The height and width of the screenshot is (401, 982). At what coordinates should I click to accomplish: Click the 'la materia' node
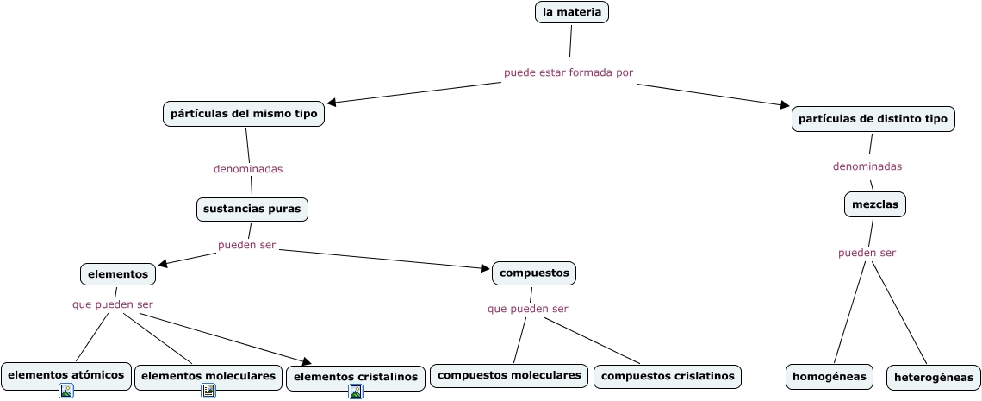[x=572, y=12]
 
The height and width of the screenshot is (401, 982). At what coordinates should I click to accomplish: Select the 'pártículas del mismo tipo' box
[x=244, y=114]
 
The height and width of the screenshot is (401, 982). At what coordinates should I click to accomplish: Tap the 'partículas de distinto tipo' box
[x=873, y=119]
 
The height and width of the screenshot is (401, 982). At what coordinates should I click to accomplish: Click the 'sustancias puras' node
[x=252, y=210]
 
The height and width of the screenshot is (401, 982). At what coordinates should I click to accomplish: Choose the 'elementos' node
[x=118, y=274]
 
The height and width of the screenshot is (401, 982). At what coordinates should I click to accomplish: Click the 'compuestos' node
[x=534, y=273]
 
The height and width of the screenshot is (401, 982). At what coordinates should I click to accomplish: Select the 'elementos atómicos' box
[x=66, y=375]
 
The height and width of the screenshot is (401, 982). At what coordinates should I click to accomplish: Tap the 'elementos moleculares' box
[x=208, y=377]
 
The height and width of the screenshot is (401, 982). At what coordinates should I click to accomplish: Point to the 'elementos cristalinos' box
[x=356, y=377]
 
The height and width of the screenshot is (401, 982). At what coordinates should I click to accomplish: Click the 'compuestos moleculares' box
[x=509, y=375]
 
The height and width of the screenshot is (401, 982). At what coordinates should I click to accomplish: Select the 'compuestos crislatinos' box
[x=668, y=377]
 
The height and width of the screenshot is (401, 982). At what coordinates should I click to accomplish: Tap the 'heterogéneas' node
[x=934, y=378]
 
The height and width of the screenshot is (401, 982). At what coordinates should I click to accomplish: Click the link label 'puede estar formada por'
[x=569, y=72]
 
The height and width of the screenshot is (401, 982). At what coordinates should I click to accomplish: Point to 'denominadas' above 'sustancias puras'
[x=248, y=169]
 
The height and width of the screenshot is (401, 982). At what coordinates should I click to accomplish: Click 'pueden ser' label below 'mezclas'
[x=867, y=254]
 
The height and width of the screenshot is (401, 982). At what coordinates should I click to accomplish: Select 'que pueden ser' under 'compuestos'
[x=528, y=309]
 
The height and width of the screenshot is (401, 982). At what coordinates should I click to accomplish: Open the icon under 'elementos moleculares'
[x=208, y=391]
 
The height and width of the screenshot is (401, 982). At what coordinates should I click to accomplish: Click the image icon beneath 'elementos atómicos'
[x=66, y=391]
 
